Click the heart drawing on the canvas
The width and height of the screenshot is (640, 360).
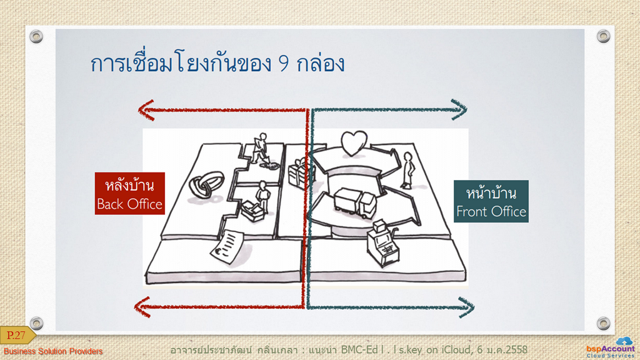point(354,143)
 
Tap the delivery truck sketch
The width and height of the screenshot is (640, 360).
point(355,202)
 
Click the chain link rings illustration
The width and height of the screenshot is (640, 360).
point(206,184)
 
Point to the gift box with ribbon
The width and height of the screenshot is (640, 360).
point(297,173)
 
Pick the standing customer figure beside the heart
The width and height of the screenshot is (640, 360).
point(407,170)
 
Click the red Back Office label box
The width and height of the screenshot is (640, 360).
point(130,194)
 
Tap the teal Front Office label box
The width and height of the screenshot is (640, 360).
point(491,201)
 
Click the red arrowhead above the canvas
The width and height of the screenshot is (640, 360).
point(146,110)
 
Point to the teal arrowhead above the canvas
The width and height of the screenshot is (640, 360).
point(459,109)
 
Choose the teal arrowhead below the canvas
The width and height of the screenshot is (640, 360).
point(466,307)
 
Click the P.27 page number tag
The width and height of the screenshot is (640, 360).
point(17,336)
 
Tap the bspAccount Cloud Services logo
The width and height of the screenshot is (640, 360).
point(611,347)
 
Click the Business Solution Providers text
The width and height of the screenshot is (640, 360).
point(53,351)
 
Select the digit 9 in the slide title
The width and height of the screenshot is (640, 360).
point(284,64)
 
